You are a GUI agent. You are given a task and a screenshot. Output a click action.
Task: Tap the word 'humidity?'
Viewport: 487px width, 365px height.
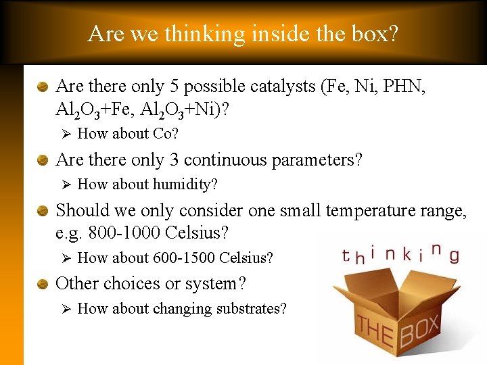[x=185, y=185]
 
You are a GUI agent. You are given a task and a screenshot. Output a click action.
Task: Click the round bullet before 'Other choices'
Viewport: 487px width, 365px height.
[x=43, y=284]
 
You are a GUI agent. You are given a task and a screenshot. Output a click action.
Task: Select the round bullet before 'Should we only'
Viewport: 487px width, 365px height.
[x=43, y=211]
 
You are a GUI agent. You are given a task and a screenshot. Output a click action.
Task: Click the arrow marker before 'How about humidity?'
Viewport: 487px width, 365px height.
[x=66, y=185]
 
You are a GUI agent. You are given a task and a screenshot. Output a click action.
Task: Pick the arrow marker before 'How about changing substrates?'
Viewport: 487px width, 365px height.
[x=66, y=309]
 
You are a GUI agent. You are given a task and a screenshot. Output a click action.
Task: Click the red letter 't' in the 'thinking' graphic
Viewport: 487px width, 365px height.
[x=346, y=257]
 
